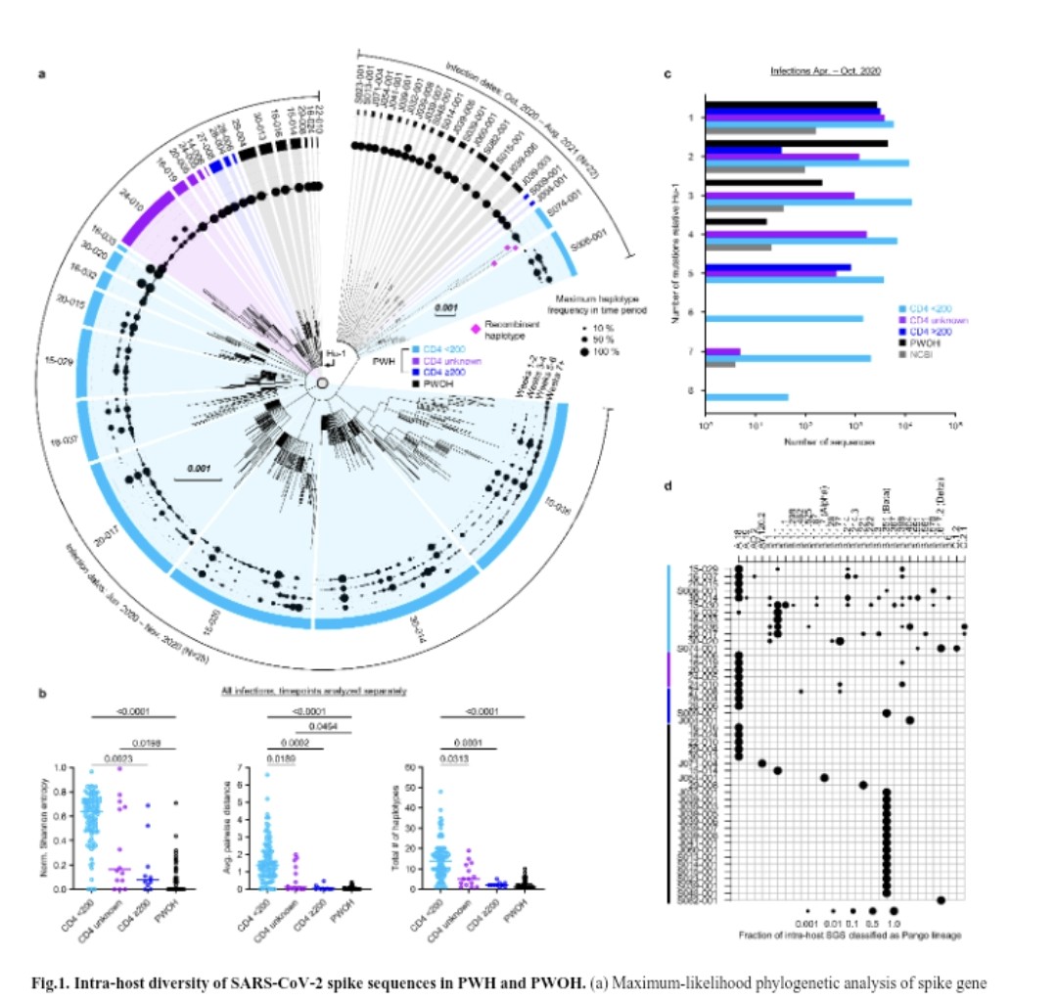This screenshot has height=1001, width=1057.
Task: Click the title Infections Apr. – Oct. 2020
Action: (x=813, y=71)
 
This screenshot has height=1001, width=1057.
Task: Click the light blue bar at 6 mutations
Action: (x=784, y=318)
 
